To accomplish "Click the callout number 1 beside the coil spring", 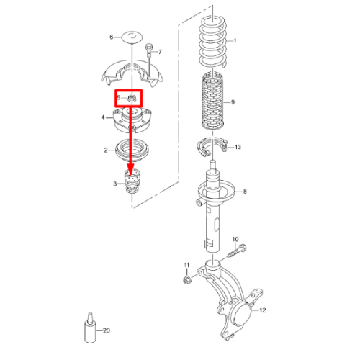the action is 235,41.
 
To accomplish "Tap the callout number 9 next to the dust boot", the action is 233,102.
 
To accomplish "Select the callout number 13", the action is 238,147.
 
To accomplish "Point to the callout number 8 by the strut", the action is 245,192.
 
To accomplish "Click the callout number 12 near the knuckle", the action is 263,310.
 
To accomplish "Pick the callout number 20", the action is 107,330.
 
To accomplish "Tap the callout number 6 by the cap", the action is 112,37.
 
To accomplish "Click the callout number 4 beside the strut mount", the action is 103,117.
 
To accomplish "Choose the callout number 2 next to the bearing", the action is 106,150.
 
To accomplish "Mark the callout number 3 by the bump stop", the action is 115,184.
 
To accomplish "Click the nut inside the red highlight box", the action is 132,98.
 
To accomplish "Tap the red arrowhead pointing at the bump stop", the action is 131,169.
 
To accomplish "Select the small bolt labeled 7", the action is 149,51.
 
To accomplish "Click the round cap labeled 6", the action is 132,37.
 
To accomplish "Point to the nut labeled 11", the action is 186,280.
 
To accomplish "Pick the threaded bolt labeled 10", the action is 236,251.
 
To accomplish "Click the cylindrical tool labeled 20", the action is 90,328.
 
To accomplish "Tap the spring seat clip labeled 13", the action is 212,146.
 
